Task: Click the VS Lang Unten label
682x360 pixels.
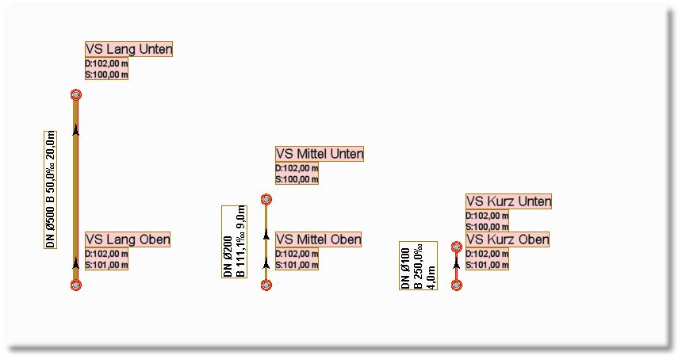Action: [x=128, y=49]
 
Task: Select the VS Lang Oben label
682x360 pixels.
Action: [x=128, y=239]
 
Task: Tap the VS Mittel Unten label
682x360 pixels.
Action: [x=319, y=154]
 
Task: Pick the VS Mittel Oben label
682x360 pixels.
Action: [x=318, y=239]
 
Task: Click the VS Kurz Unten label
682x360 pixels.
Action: [x=508, y=201]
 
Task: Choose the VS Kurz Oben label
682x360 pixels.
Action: [x=508, y=239]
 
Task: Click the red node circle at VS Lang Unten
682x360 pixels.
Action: [x=76, y=95]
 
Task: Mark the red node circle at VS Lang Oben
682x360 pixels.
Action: [x=76, y=285]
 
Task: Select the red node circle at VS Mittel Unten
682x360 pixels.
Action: [x=266, y=200]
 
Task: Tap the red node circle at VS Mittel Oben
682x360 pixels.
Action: [x=266, y=285]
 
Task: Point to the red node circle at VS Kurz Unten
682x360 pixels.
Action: [x=456, y=247]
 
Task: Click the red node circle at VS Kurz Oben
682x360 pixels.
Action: [x=456, y=285]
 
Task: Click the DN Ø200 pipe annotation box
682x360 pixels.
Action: [x=234, y=241]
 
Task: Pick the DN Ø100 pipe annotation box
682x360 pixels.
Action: [x=418, y=266]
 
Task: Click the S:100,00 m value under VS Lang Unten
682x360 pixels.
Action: [x=106, y=75]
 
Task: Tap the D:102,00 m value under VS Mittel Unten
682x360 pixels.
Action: [x=297, y=168]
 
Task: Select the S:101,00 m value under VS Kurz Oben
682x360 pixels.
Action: [x=487, y=265]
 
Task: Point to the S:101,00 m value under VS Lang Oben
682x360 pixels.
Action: [x=106, y=265]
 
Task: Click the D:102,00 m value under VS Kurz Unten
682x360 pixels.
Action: [x=487, y=216]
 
